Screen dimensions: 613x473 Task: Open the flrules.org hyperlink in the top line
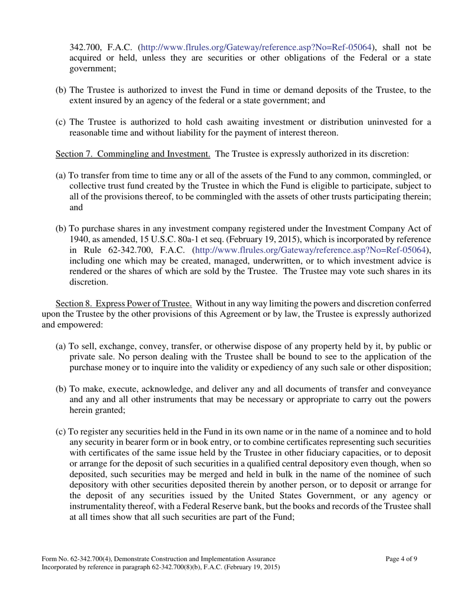pos(256,48)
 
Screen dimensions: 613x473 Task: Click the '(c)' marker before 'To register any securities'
pos(60,432)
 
